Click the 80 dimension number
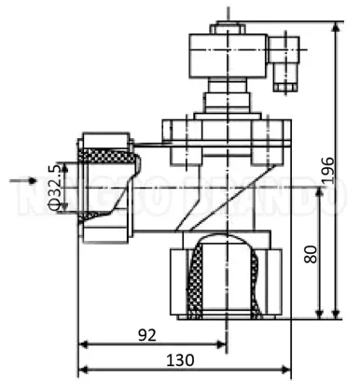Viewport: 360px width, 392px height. (311, 253)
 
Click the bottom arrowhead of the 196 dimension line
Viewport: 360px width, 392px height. (331, 316)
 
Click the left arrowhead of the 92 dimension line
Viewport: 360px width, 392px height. (82, 344)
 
